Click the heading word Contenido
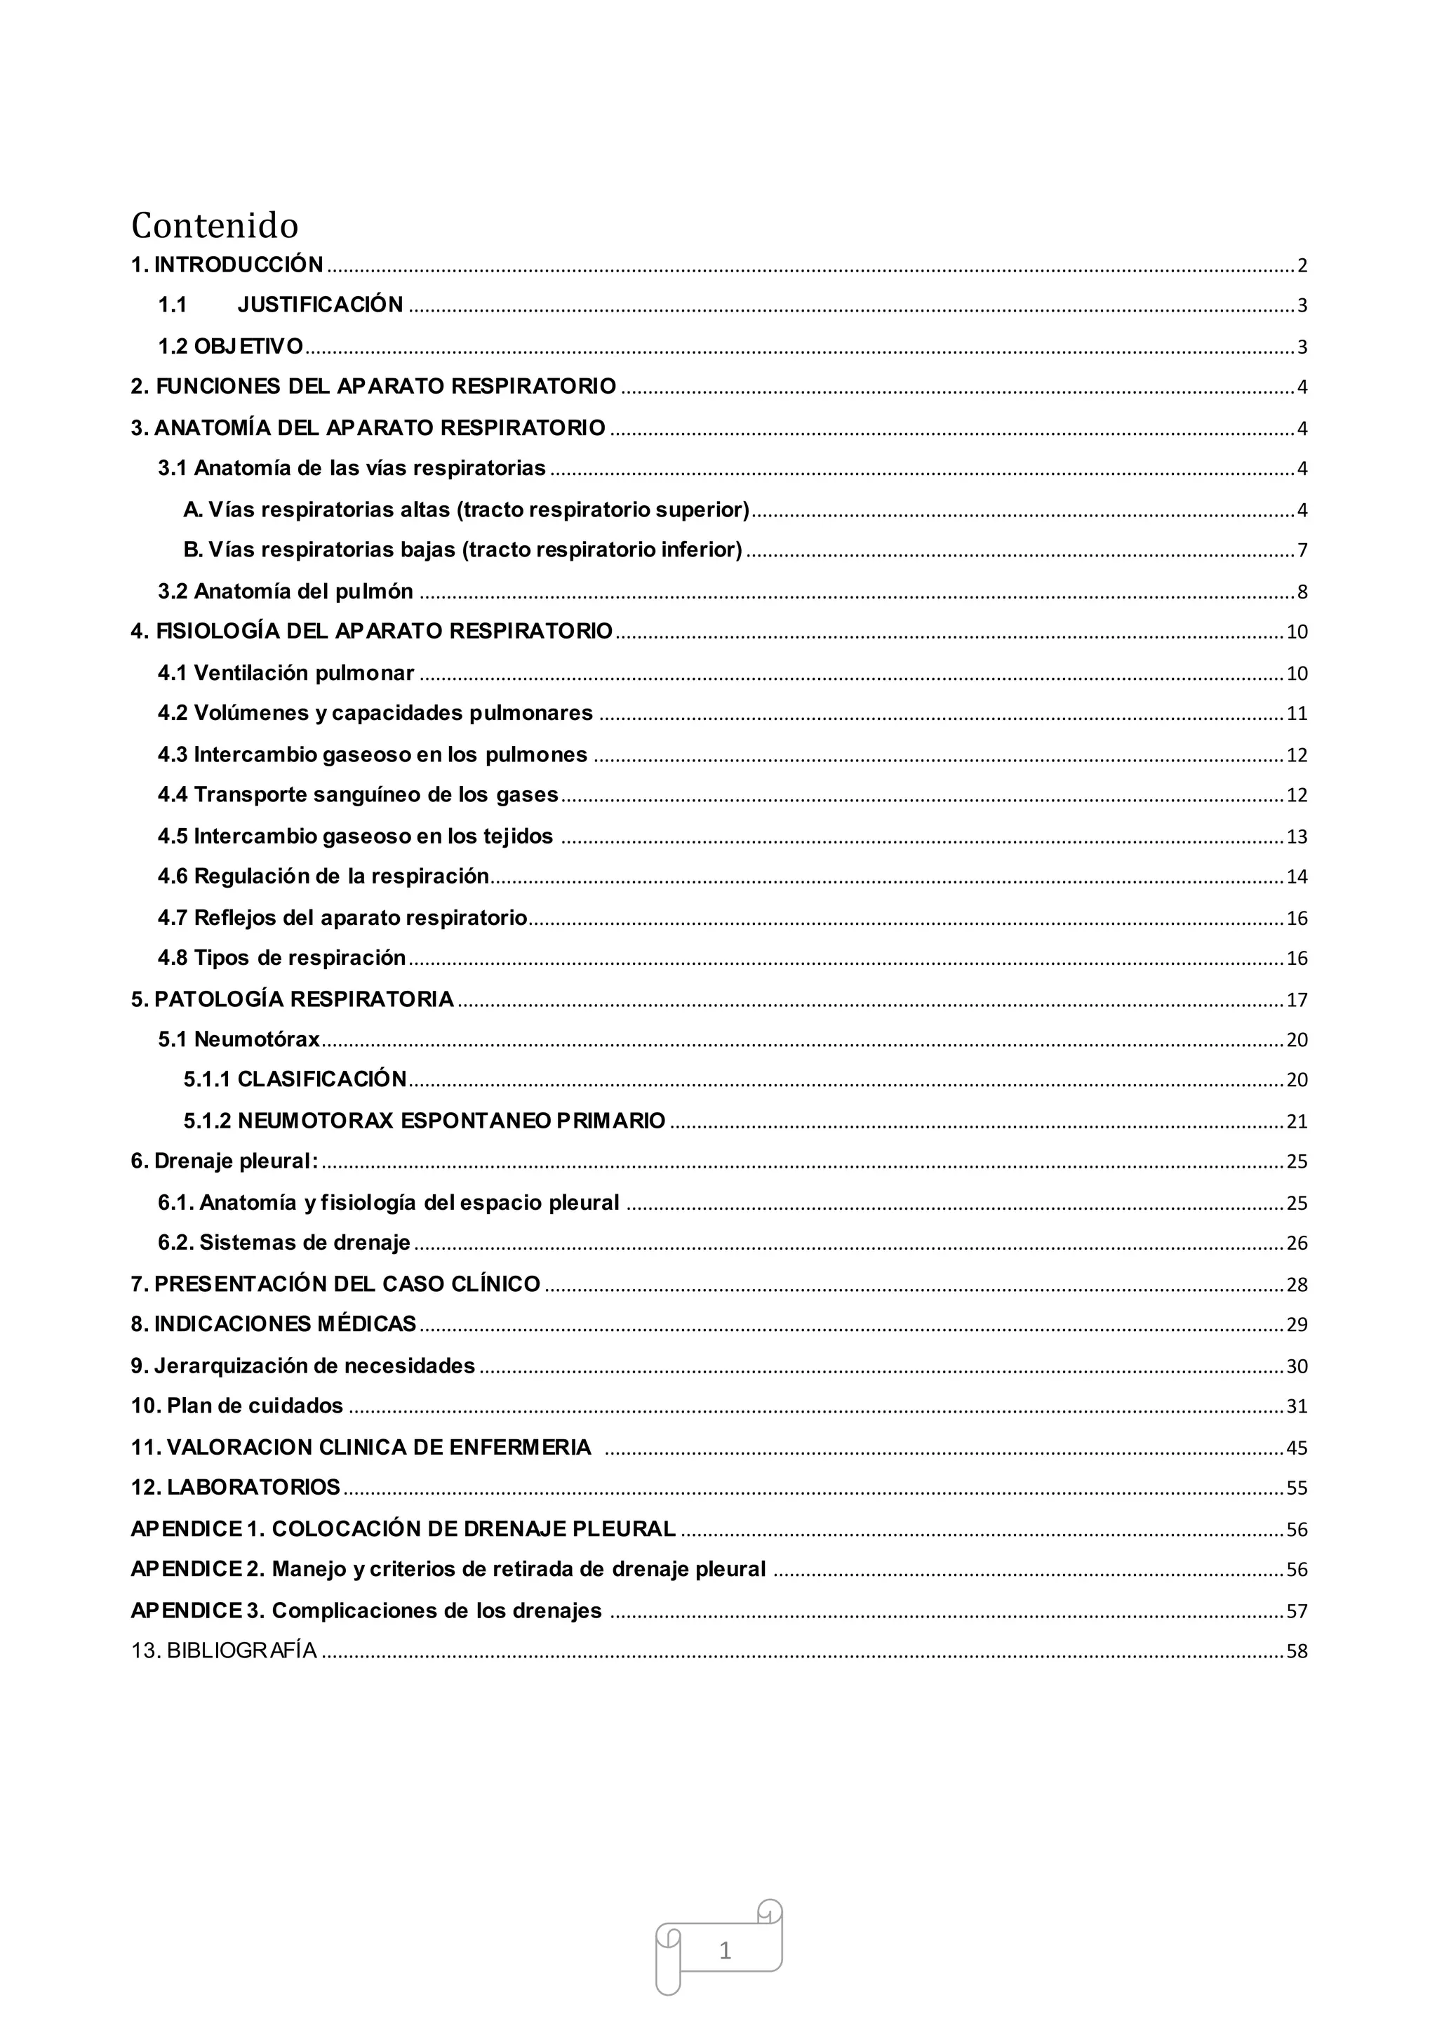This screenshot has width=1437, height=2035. coord(215,225)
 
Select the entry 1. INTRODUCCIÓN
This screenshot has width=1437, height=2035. coord(227,264)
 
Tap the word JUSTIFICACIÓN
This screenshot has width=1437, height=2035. coord(320,305)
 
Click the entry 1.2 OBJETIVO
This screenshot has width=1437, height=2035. coord(230,346)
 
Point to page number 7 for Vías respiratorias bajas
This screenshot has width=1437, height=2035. coord(1302,550)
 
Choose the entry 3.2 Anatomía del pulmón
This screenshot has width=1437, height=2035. coord(286,591)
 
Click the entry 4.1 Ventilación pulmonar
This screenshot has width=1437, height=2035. coord(286,673)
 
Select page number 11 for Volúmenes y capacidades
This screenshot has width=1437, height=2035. coord(1296,714)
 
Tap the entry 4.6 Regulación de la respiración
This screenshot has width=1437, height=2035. coord(323,876)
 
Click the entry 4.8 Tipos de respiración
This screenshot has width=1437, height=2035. coord(281,958)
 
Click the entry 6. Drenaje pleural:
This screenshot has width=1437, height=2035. coord(225,1161)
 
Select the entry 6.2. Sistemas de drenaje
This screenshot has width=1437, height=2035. coord(283,1243)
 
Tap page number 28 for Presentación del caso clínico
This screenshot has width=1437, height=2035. coord(1296,1284)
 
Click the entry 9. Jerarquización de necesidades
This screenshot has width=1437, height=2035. coord(303,1366)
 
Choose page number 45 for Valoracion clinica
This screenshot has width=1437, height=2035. coord(1296,1448)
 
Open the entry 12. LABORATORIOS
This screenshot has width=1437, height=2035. coord(236,1487)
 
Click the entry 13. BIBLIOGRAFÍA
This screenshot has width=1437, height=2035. coord(223,1650)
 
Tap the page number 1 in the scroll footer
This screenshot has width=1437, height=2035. coord(724,1950)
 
